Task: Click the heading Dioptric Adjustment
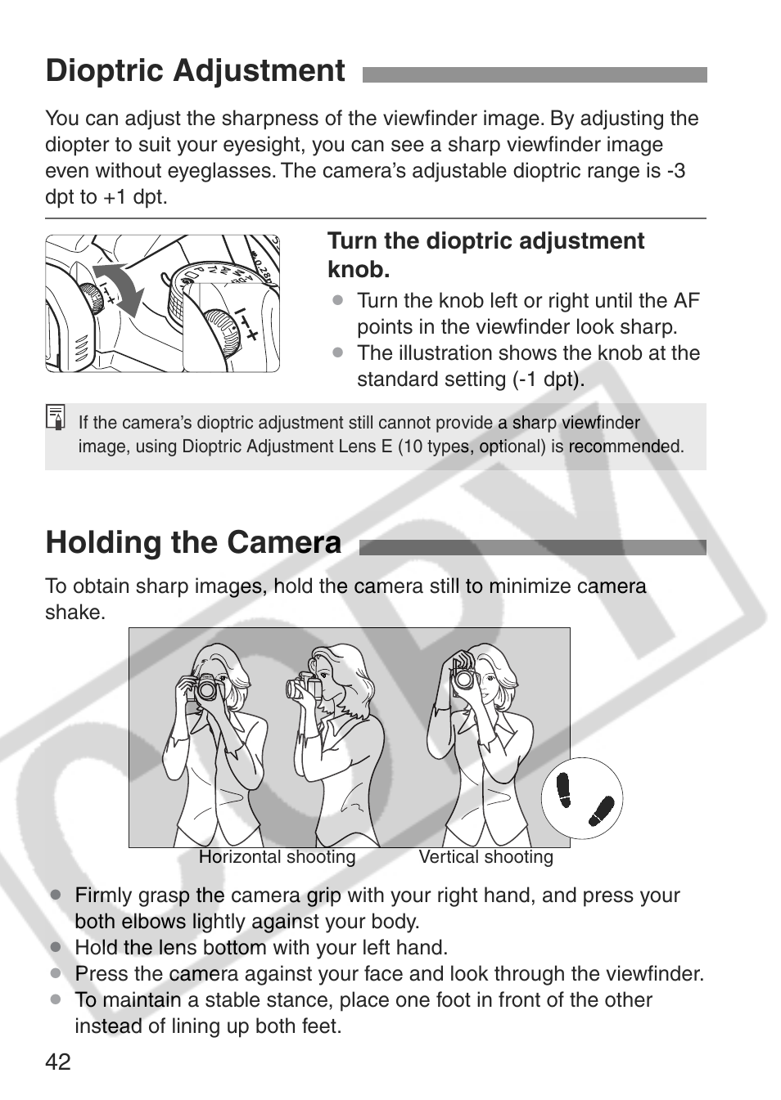click(x=195, y=70)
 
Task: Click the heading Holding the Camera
click(x=193, y=542)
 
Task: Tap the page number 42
click(x=58, y=1062)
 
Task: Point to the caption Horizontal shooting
click(x=278, y=857)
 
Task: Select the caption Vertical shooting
click(x=486, y=857)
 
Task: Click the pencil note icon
click(x=56, y=417)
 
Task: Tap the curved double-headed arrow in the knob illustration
click(x=118, y=289)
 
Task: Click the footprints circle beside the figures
click(x=582, y=798)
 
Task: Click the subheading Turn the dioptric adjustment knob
click(x=485, y=255)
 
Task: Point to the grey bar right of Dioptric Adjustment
click(x=535, y=74)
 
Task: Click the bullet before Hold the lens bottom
click(x=55, y=947)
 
